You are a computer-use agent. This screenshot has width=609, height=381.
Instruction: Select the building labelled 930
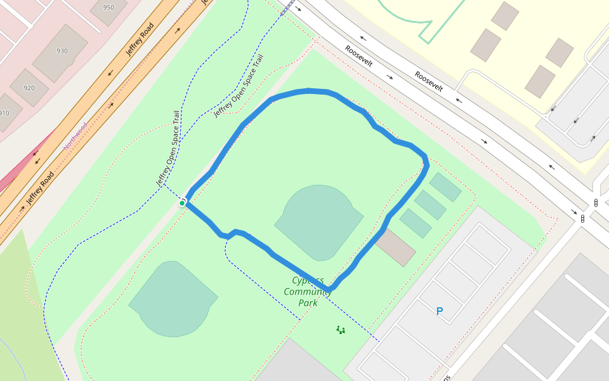[62, 51]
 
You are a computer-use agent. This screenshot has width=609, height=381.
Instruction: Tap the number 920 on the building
[29, 88]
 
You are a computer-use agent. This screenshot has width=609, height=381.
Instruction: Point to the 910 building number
[4, 113]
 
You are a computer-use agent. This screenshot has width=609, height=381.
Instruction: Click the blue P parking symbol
[439, 311]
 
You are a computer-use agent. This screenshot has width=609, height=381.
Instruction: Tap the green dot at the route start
[182, 203]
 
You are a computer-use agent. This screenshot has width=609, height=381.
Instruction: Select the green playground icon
[341, 330]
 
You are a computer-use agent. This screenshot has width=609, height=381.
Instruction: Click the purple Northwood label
[75, 136]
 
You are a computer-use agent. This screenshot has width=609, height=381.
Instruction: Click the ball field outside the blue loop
[173, 298]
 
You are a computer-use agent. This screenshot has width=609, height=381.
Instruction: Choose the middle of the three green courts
[430, 204]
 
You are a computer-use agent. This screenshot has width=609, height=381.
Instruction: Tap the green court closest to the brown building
[416, 223]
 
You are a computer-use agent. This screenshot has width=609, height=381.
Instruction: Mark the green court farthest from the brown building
[445, 187]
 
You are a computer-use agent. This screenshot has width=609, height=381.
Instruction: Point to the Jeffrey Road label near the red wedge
[39, 189]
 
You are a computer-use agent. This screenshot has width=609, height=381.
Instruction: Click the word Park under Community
[308, 303]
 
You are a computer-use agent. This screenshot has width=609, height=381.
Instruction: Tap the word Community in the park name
[308, 291]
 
